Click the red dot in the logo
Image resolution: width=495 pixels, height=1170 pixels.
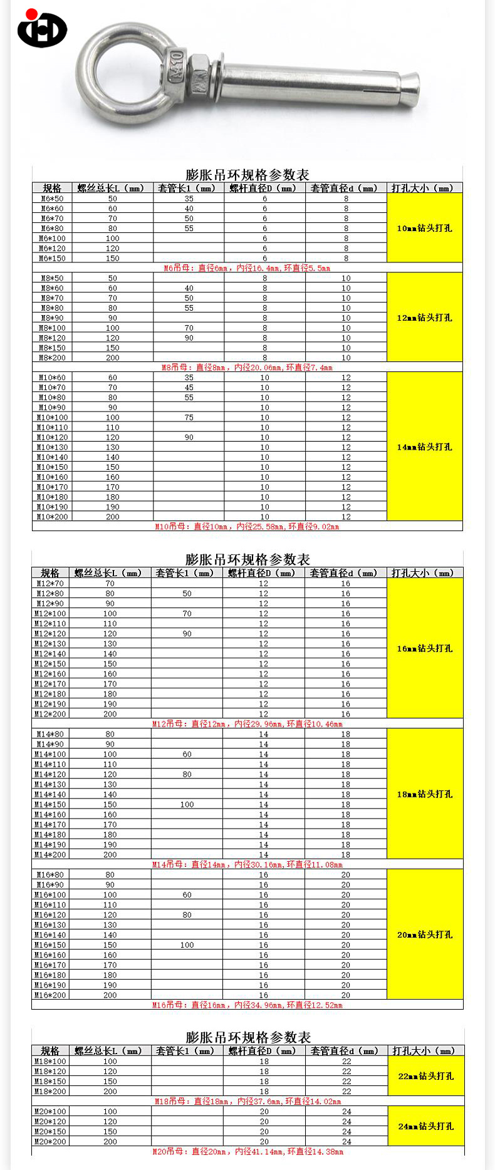click(31, 14)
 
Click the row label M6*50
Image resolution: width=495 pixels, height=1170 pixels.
click(52, 199)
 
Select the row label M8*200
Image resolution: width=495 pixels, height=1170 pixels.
click(52, 358)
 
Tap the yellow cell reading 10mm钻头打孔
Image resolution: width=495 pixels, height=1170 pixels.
click(424, 228)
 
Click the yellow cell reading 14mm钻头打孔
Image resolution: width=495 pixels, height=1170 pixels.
click(424, 447)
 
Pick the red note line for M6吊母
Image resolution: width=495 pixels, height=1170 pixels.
click(247, 268)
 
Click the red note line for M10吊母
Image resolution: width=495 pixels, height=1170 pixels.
click(247, 527)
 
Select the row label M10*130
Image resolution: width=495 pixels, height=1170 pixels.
click(52, 447)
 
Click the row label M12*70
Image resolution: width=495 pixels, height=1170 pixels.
click(50, 584)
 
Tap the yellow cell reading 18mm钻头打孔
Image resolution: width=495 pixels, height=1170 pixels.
click(424, 794)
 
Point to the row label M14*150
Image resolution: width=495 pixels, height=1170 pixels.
click(50, 805)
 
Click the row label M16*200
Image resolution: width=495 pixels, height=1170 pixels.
click(50, 995)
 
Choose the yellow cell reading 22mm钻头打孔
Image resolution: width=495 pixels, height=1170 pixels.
click(425, 1076)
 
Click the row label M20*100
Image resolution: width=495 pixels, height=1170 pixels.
click(50, 1112)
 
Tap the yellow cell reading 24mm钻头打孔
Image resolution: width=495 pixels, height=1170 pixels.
click(425, 1126)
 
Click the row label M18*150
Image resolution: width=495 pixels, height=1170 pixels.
click(50, 1082)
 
